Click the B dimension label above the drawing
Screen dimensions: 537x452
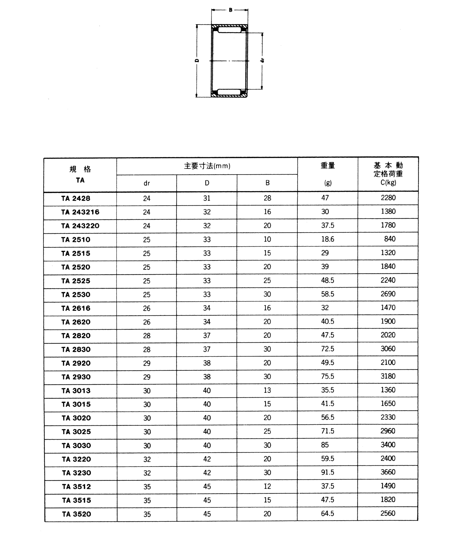coord(230,10)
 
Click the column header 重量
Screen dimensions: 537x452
coord(328,166)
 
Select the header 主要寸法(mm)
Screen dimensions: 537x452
coord(207,166)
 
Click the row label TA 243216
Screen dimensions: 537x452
coord(80,212)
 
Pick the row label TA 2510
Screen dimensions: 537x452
coord(76,240)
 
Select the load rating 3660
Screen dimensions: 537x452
coord(388,472)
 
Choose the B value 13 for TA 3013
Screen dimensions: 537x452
coord(267,390)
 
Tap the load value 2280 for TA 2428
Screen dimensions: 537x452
coord(388,198)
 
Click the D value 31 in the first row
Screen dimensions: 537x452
coord(207,198)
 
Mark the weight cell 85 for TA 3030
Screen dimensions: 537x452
coord(325,445)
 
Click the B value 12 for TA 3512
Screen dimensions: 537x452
coord(267,486)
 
